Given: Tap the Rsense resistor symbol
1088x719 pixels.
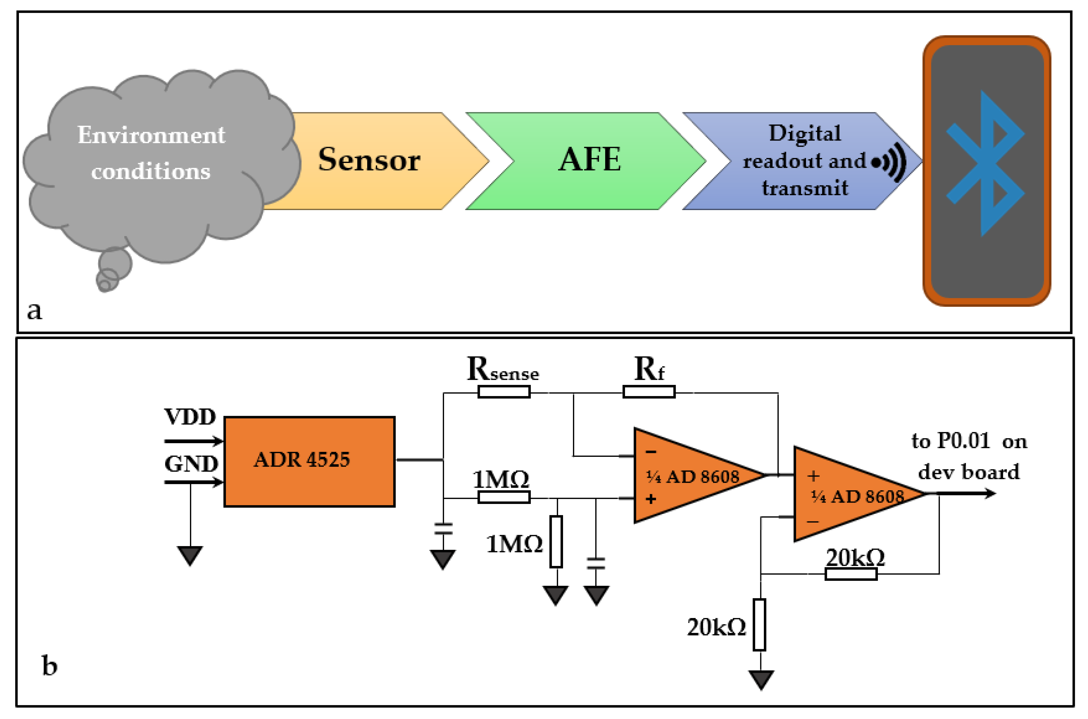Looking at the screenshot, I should tap(504, 392).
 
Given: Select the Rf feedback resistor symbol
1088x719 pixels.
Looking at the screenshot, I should tap(649, 392).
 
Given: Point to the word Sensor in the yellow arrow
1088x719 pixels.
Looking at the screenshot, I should tap(369, 159).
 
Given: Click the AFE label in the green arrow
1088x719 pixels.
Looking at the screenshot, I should tap(590, 159).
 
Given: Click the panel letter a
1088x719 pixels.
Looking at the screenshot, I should tap(34, 311).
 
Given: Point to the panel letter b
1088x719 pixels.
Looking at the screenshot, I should tap(49, 665).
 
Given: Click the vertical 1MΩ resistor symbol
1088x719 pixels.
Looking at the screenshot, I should tap(556, 542).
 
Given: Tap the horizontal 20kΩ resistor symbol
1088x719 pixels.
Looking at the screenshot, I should tap(851, 574).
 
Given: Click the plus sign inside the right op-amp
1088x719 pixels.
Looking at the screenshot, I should tap(813, 476).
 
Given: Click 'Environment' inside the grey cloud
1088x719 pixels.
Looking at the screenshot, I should tap(151, 135).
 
